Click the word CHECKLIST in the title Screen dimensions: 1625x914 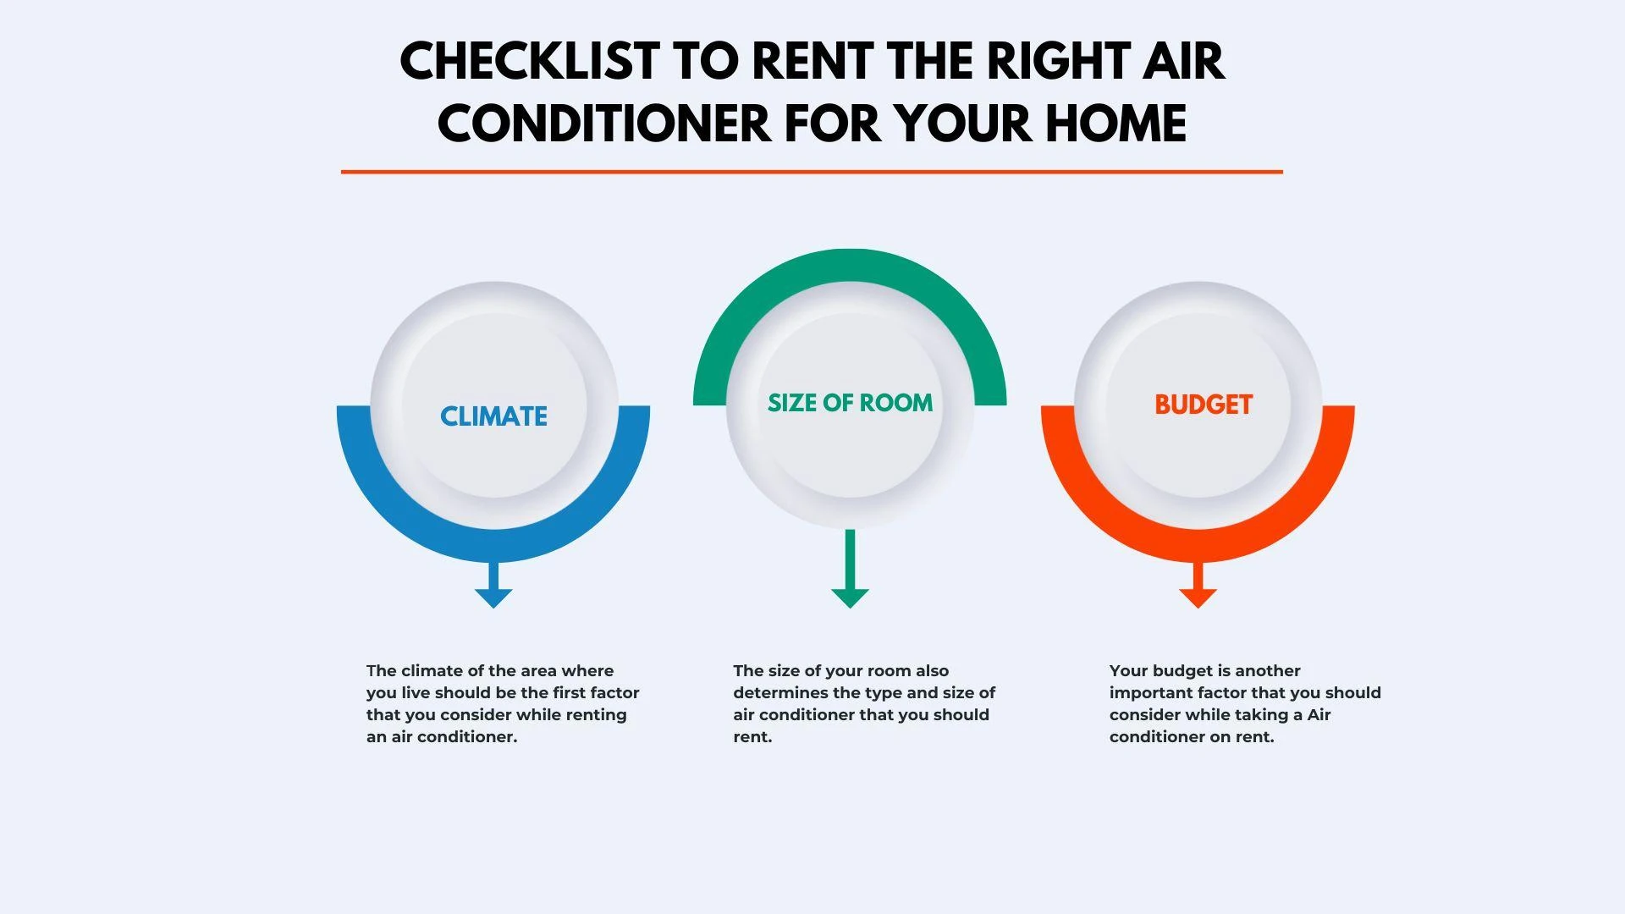click(x=529, y=62)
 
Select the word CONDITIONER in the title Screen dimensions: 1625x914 click(x=604, y=124)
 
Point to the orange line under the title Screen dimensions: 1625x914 click(x=812, y=172)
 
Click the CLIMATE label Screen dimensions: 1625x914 click(x=493, y=416)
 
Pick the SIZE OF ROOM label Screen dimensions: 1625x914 click(x=850, y=403)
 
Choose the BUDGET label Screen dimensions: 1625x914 click(x=1204, y=405)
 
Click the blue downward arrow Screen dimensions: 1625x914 click(x=493, y=585)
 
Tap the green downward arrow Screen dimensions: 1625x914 click(x=850, y=569)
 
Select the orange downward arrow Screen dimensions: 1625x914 click(x=1198, y=585)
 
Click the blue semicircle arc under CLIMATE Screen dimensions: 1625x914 click(x=493, y=546)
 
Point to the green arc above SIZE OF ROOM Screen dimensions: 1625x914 click(x=850, y=265)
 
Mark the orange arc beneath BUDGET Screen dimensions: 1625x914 click(x=1198, y=546)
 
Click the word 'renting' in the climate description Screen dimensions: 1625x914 click(x=596, y=715)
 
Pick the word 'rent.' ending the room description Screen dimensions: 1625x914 click(x=752, y=737)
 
